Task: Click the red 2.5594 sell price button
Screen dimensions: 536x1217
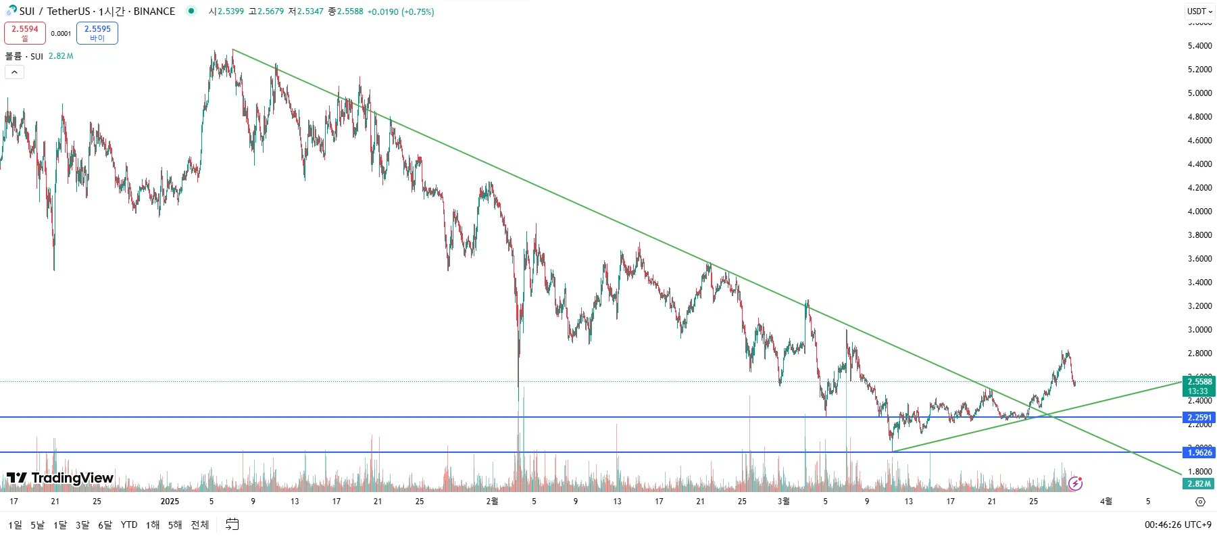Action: pos(25,32)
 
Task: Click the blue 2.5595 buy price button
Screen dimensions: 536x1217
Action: pos(97,32)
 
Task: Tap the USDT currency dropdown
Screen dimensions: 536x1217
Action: pos(1199,11)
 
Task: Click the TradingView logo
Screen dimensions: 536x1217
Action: pos(60,478)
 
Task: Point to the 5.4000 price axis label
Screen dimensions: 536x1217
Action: pos(1199,46)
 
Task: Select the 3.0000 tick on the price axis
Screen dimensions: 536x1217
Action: pos(1199,330)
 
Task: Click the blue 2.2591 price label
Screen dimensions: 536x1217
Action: pos(1199,417)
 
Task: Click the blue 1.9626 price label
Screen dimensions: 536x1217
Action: pos(1199,452)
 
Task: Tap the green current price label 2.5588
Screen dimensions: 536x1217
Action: pos(1199,382)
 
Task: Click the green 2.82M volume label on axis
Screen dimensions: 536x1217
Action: pos(1199,483)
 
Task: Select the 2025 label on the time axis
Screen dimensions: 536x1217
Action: pos(170,502)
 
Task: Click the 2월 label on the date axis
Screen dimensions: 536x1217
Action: pos(492,502)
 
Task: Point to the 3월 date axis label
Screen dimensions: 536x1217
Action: pos(783,502)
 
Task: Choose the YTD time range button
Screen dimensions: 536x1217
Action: pos(128,525)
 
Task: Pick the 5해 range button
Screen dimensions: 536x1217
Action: pos(175,525)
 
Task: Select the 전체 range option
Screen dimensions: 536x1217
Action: pos(199,525)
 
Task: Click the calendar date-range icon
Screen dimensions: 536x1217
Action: pos(232,525)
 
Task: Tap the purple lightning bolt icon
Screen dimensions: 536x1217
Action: pos(1075,483)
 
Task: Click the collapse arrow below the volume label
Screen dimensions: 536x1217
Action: pos(14,72)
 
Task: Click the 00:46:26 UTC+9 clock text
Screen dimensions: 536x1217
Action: pos(1177,525)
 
